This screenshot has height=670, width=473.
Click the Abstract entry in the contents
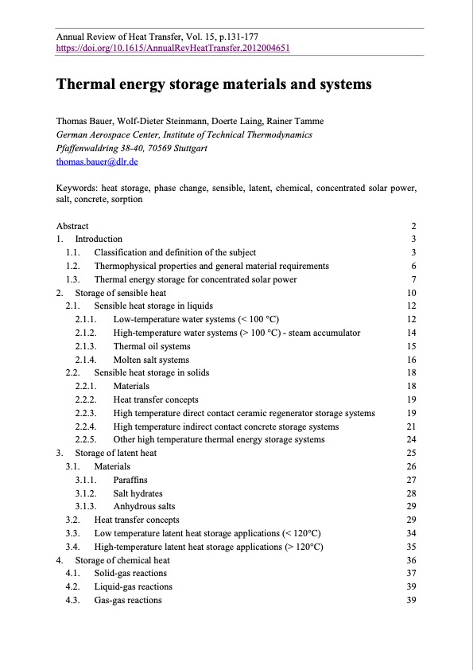72,226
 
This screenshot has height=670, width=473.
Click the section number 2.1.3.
86,347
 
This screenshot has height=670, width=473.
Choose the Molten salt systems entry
151,360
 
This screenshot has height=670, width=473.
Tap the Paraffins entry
130,481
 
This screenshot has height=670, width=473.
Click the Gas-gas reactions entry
127,601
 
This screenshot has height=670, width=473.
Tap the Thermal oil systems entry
151,347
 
